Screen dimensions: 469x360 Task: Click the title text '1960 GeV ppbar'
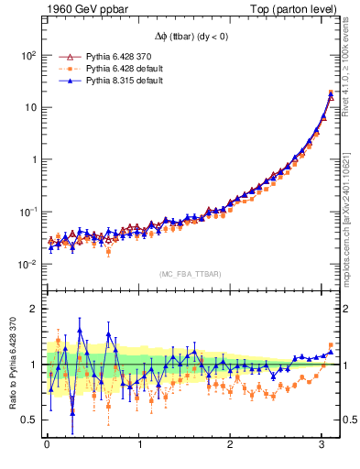(80, 10)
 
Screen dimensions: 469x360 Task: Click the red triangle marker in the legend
(65, 56)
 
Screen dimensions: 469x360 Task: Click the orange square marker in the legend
(65, 68)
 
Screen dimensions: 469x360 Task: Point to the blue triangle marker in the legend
(65, 80)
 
